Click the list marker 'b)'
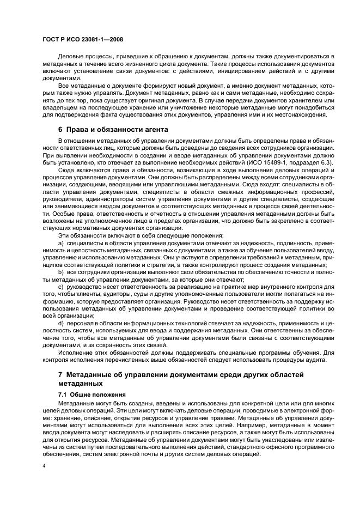click(60, 271)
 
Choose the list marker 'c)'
click(60, 285)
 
